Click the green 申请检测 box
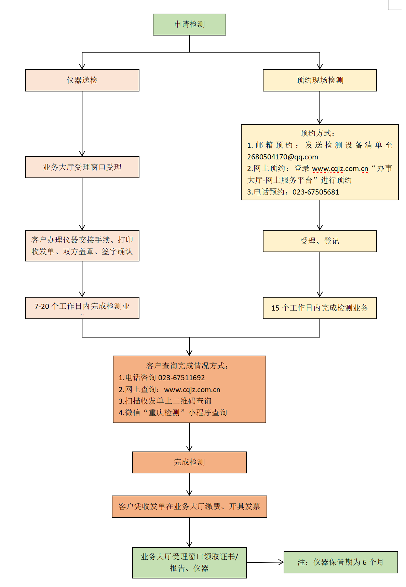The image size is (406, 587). (189, 25)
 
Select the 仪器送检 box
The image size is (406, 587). (82, 81)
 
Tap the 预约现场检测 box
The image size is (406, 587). (320, 81)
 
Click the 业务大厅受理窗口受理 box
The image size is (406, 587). (82, 167)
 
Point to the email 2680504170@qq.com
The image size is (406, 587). (282, 157)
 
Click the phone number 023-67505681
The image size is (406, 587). (315, 192)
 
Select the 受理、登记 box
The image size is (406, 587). (320, 241)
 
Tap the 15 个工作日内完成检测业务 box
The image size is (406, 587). (320, 308)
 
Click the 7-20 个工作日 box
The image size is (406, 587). (82, 308)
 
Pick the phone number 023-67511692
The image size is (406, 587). (181, 378)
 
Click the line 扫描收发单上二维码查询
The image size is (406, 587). (165, 401)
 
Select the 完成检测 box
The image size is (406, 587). (189, 462)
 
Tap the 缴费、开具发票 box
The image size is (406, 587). (189, 506)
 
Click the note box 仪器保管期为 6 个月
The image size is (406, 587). (340, 562)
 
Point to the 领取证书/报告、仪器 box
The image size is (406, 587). (189, 562)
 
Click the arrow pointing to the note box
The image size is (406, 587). (265, 562)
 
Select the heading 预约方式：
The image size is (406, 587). (317, 133)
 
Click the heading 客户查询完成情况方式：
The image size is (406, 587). (187, 366)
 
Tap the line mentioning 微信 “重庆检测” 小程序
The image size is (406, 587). (173, 413)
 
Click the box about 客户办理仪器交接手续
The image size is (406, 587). (82, 246)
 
